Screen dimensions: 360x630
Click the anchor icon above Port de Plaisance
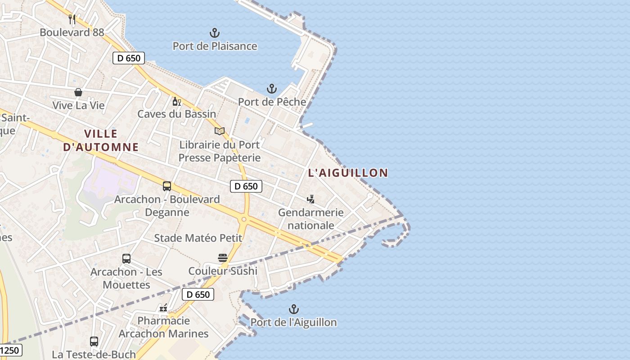215,33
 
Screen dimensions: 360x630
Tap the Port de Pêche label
272,102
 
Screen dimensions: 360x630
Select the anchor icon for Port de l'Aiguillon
293,309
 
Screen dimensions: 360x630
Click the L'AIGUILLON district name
348,173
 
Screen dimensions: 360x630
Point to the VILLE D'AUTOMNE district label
101,140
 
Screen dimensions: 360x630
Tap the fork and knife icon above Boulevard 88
72,19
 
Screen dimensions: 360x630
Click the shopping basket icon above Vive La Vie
78,92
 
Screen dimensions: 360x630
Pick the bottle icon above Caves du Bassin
176,101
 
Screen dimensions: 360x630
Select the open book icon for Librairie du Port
220,131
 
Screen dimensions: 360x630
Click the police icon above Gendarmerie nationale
310,199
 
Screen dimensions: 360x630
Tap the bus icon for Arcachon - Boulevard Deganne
167,186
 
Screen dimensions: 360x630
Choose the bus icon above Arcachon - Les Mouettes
126,259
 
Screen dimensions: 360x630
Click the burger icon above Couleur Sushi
223,258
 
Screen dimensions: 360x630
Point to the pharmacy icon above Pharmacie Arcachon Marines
163,308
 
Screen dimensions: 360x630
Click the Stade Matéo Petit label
198,238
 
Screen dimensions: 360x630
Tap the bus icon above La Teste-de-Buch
94,341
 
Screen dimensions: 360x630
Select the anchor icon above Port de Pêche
272,89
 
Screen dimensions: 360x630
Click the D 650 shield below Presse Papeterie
246,186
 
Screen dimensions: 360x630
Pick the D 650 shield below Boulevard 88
129,58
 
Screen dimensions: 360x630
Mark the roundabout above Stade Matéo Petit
244,219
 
